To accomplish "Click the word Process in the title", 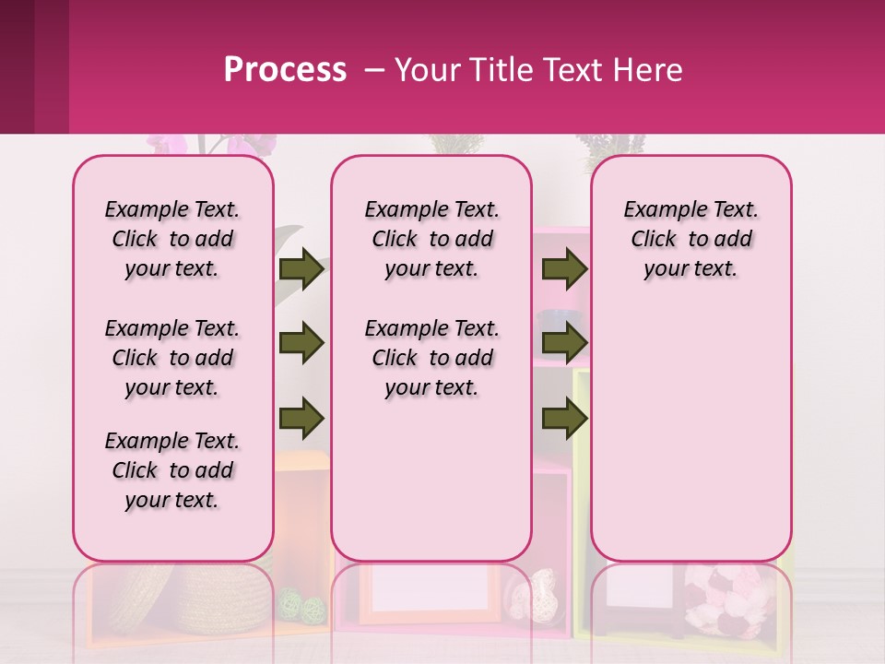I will (285, 70).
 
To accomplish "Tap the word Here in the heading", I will (650, 70).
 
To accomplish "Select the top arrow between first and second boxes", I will (301, 268).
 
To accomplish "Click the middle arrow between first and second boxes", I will (301, 344).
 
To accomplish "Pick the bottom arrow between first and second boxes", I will (301, 420).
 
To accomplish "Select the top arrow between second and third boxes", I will (565, 268).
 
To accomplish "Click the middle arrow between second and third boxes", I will (565, 344).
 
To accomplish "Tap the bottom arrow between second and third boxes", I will (565, 420).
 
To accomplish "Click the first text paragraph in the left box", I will (172, 239).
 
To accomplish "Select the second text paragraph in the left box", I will (172, 358).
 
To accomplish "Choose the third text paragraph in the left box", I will (172, 470).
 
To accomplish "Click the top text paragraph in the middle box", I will (431, 239).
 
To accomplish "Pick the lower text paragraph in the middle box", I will (431, 358).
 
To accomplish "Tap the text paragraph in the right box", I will (690, 239).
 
